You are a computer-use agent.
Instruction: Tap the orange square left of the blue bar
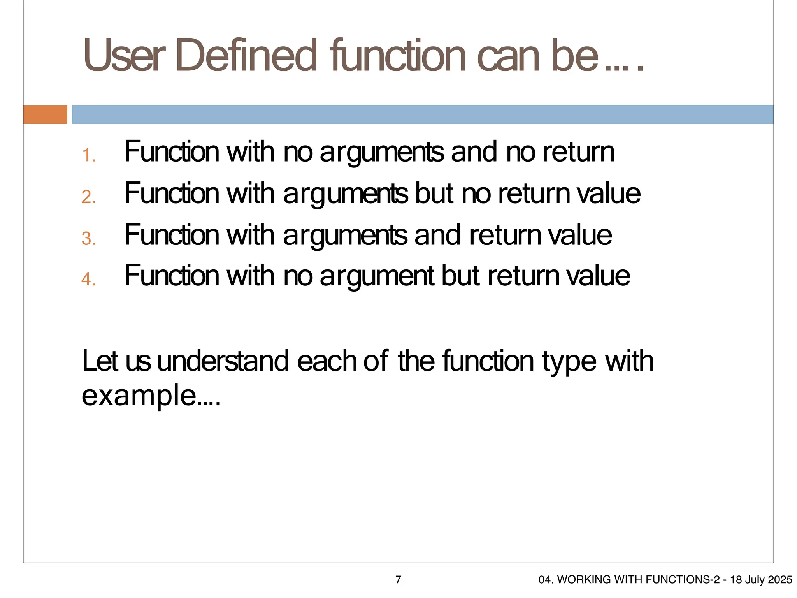coord(45,114)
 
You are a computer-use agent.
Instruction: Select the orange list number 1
coord(89,156)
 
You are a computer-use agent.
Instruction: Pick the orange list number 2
coord(89,197)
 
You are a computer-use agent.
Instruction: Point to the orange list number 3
coord(89,239)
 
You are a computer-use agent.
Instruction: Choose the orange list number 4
coord(89,279)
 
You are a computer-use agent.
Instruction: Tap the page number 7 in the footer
coord(398,580)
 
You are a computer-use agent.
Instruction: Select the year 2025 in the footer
coord(780,580)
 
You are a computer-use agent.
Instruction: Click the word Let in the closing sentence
coord(100,361)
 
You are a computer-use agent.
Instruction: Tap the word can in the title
coord(510,55)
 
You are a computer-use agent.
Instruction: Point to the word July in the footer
coord(755,580)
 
